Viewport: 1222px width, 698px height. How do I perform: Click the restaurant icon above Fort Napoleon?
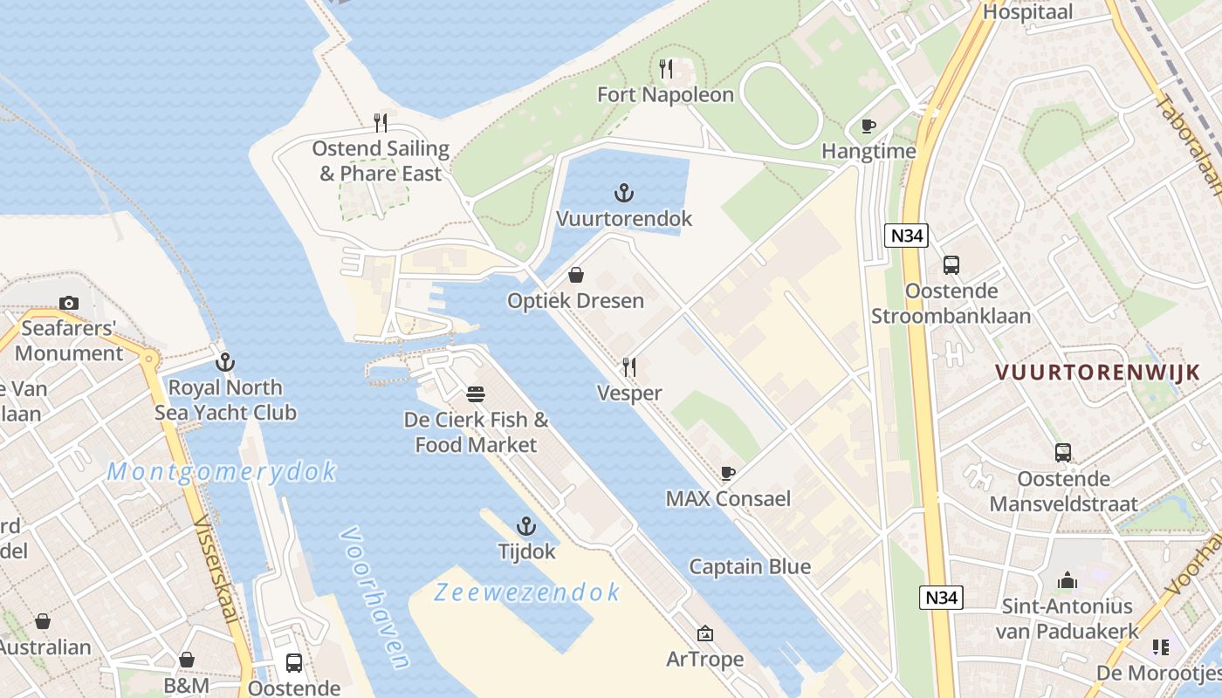pos(666,68)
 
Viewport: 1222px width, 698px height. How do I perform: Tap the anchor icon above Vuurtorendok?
pos(623,192)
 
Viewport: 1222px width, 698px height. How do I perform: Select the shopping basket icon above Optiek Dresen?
pos(576,275)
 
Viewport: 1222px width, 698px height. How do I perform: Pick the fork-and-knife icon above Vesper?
pos(628,367)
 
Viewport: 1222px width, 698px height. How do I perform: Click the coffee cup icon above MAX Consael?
pos(727,473)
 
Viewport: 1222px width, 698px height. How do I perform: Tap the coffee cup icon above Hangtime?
pos(868,126)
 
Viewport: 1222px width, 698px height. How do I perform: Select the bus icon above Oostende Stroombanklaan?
pos(951,265)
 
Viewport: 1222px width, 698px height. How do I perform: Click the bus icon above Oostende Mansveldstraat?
pos(1062,453)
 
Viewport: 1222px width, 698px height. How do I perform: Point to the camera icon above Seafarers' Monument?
pos(69,303)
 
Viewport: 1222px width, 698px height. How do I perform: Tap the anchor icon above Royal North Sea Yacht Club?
pos(225,361)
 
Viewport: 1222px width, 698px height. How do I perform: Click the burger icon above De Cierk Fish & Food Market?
pos(476,394)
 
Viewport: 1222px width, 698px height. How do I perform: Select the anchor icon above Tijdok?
pos(525,525)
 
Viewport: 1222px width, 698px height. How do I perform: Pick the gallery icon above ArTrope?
pos(704,633)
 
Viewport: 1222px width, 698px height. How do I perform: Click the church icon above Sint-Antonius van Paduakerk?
pos(1067,580)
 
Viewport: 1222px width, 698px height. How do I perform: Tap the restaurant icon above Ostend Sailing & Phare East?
pos(381,123)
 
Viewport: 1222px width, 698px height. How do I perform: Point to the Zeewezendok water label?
pos(527,592)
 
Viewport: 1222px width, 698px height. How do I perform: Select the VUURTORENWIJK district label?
pos(1097,373)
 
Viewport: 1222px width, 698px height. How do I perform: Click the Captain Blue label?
pos(750,567)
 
